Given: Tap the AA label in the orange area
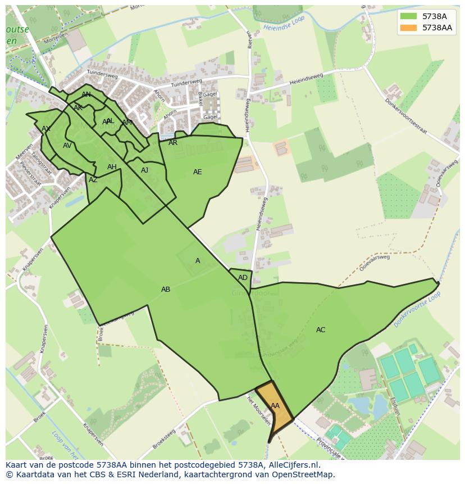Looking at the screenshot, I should coord(275,406).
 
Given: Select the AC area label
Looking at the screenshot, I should coord(321,330).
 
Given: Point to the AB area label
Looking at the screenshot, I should coord(166,290).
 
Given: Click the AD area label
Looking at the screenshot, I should coord(243,278).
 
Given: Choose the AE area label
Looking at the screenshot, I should coord(197,172).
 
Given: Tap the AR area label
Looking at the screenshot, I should coord(173,143).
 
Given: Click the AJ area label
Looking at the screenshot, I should coord(145,170).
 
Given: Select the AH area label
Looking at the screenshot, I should coord(112,167).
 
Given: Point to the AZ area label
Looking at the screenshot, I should coord(93,180).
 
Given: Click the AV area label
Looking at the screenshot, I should coord(67,146).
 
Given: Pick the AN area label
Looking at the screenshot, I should coord(86,94).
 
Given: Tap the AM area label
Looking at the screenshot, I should coord(127,123).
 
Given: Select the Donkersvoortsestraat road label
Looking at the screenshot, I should coord(405,117).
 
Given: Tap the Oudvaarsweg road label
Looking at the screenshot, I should coord(438,175).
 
